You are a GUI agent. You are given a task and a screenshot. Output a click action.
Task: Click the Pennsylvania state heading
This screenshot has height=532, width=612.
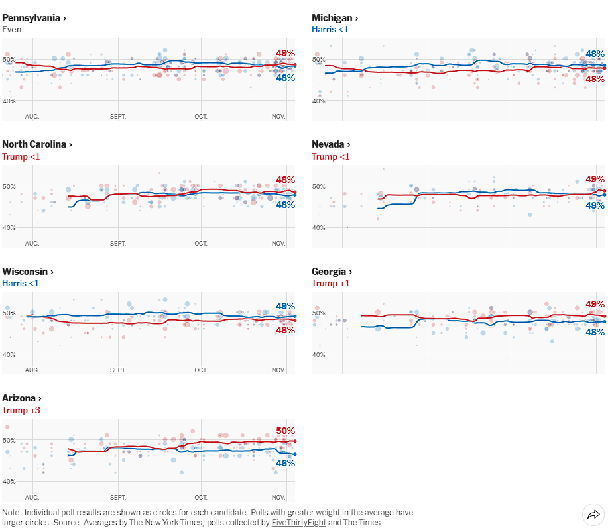tap(34, 18)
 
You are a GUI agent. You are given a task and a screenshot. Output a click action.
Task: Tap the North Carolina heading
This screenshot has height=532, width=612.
tap(37, 144)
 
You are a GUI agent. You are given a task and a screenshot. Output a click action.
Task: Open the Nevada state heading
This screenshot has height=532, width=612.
tap(331, 144)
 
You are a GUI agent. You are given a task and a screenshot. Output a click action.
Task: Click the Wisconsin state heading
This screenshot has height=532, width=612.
tap(28, 272)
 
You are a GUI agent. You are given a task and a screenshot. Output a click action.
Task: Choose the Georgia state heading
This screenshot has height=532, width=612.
tap(332, 272)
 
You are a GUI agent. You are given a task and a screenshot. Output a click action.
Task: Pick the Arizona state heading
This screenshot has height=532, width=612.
tap(22, 398)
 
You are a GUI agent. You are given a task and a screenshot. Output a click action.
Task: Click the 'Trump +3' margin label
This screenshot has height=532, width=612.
tap(21, 411)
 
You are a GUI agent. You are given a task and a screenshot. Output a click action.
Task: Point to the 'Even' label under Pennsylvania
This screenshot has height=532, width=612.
tap(11, 30)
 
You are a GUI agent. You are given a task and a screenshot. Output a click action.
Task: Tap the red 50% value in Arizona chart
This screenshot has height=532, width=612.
tap(286, 431)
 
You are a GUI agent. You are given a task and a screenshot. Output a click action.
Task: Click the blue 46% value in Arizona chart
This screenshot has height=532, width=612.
tap(286, 463)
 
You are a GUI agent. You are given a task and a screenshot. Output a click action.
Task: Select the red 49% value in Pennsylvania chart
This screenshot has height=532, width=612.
tap(286, 54)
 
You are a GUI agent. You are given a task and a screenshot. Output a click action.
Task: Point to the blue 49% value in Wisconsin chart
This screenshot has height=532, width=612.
tap(286, 307)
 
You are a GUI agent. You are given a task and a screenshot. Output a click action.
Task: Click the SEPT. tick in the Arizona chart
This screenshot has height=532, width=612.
tap(118, 496)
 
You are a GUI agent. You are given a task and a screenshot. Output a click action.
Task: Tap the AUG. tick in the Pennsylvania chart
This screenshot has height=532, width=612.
tap(32, 116)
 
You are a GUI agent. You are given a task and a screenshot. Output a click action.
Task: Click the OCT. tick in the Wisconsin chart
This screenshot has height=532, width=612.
tap(201, 370)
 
